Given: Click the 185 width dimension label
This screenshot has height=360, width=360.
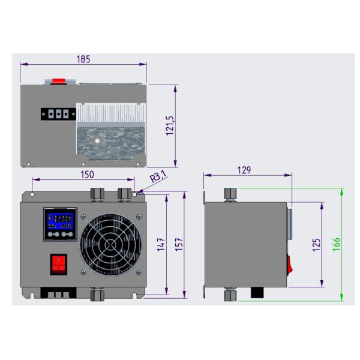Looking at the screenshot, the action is (83, 59).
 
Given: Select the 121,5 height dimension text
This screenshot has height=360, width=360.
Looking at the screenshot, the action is (170, 126).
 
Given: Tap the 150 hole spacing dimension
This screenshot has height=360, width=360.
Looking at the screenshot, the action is (87, 175).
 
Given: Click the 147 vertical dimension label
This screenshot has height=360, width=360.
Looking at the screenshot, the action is (161, 244).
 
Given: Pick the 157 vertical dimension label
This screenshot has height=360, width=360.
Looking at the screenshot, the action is (179, 244).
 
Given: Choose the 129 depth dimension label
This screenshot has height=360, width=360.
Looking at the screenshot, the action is (244, 170).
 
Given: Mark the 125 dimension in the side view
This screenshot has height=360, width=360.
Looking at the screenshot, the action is (316, 245).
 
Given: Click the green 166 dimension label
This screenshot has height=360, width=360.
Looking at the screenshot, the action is (336, 244).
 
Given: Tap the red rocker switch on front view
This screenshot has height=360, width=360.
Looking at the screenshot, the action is (59, 264).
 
